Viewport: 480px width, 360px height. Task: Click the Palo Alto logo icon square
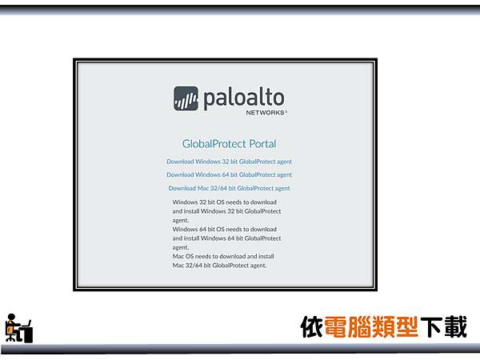pyautogui.click(x=186, y=98)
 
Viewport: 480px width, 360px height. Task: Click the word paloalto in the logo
pyautogui.click(x=243, y=98)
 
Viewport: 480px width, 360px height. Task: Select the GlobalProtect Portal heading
pyautogui.click(x=229, y=144)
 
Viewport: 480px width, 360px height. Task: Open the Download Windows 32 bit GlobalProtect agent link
pyautogui.click(x=229, y=162)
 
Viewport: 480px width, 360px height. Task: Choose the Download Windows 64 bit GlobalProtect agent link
pyautogui.click(x=229, y=174)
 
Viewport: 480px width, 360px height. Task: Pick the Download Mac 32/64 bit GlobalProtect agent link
pyautogui.click(x=229, y=188)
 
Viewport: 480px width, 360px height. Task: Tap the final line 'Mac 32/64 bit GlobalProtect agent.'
pyautogui.click(x=219, y=265)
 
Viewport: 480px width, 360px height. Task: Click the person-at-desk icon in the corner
pyautogui.click(x=18, y=328)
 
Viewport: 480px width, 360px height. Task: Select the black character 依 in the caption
pyautogui.click(x=312, y=327)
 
